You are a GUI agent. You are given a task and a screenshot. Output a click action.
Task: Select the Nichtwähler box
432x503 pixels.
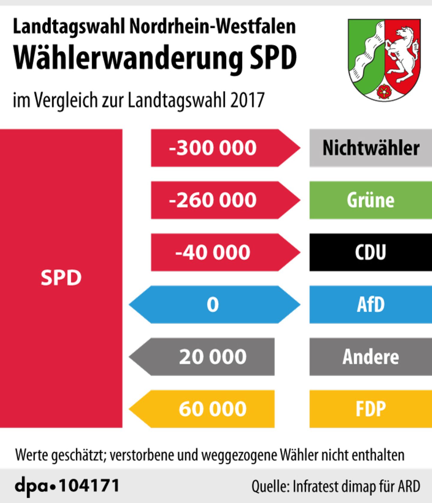371,148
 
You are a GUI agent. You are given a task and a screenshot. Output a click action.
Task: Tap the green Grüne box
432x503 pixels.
371,200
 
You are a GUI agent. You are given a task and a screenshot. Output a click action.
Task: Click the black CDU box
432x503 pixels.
371,252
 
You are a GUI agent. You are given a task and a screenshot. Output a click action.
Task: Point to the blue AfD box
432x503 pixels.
371,304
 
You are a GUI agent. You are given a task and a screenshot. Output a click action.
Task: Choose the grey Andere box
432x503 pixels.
371,357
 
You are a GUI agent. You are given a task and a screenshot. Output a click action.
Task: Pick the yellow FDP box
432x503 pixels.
371,409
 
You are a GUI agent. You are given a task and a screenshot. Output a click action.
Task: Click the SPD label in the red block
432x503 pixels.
61,278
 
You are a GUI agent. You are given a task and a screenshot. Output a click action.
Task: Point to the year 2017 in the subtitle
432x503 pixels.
247,100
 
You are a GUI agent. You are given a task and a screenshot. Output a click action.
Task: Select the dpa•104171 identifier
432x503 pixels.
67,485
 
